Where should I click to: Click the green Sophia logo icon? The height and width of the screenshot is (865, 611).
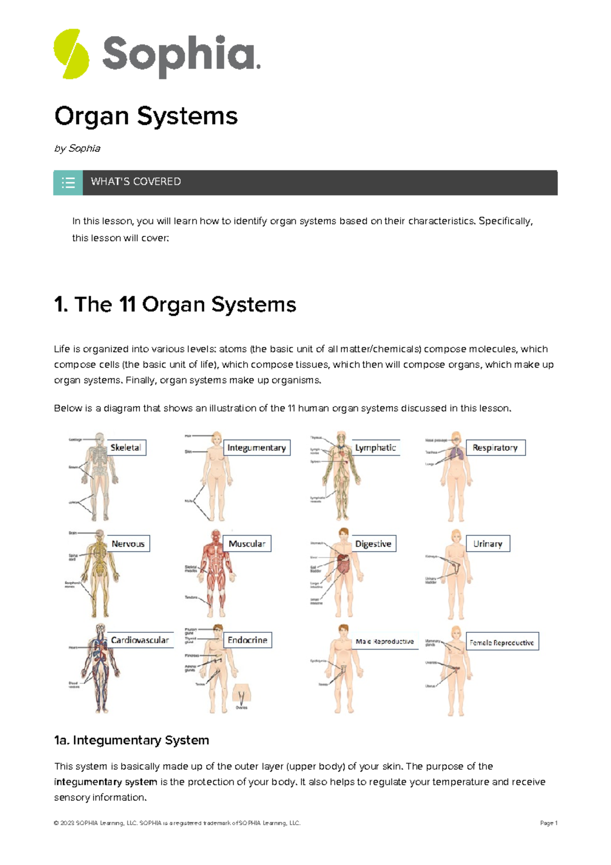[71, 54]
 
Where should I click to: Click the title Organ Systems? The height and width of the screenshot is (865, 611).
[146, 116]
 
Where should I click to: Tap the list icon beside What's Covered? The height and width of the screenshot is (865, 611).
[68, 182]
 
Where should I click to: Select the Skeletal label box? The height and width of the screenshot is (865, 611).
[126, 448]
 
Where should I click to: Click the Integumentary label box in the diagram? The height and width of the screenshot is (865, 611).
[257, 448]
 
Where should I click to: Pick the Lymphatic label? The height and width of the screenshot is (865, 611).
[376, 448]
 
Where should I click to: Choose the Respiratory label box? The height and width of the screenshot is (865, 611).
[495, 448]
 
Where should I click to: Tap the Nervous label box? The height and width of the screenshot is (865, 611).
[128, 544]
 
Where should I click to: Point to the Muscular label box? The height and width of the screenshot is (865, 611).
[247, 544]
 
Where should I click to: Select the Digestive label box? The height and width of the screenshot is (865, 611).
[373, 544]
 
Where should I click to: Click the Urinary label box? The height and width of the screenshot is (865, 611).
[488, 544]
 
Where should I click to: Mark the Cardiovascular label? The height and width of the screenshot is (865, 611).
[140, 640]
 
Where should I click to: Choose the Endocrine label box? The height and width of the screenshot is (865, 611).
[247, 640]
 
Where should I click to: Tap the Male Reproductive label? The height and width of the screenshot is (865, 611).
[385, 641]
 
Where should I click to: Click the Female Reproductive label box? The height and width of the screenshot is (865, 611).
[502, 642]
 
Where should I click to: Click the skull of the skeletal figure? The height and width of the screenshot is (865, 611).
[100, 439]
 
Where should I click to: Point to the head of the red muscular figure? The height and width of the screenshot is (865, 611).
[216, 536]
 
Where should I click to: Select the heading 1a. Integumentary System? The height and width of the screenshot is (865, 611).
[131, 740]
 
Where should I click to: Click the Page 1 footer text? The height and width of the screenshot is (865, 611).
[548, 823]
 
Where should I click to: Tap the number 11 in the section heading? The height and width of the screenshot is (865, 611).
[127, 305]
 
